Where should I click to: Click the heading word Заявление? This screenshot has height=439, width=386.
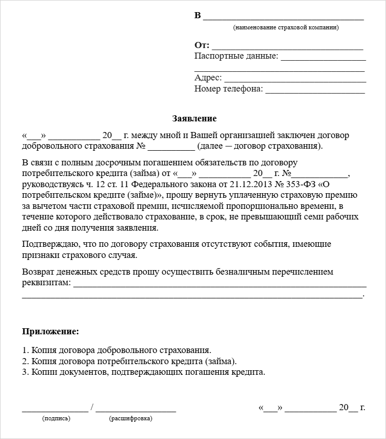[194, 118]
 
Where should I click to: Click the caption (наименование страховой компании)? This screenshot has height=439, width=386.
[286, 27]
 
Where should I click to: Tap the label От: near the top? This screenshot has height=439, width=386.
[202, 45]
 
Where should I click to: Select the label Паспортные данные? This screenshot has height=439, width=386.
[236, 56]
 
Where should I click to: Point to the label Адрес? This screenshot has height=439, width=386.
[208, 78]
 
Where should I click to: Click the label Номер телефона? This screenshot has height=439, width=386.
[228, 89]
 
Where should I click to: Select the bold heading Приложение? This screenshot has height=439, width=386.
[51, 332]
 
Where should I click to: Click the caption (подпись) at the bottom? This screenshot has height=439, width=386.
[57, 418]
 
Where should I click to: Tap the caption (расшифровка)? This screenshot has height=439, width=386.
[130, 418]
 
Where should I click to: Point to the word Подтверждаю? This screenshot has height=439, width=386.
[49, 244]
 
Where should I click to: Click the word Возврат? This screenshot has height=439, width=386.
[37, 272]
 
